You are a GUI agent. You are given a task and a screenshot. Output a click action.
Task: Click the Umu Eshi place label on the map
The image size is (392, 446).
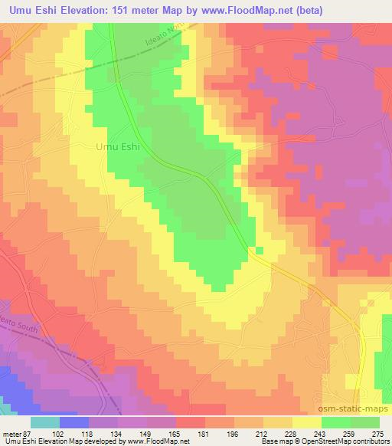pos(118,147)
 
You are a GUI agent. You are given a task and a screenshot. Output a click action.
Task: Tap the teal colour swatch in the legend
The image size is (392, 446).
pos(46,422)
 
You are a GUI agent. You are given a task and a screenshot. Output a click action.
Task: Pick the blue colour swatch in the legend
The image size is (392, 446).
pos(74,422)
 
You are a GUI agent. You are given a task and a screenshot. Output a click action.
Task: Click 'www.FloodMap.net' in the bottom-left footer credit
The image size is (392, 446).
pos(157,441)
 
